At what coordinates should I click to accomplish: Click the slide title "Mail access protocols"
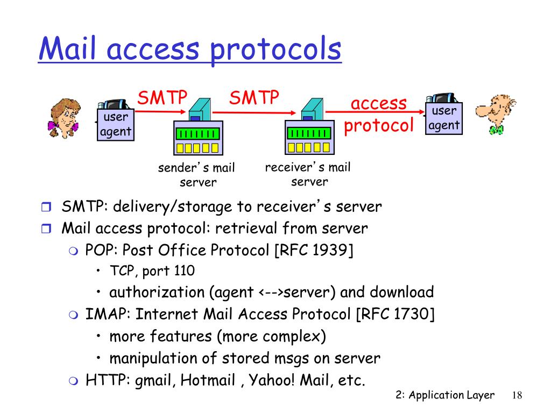[189, 49]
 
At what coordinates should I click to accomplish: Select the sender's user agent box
[115, 124]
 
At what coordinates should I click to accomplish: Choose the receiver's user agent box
[444, 119]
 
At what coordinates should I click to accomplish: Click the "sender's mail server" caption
[197, 175]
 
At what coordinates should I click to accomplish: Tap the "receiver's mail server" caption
[308, 174]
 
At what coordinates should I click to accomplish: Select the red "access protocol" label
[379, 114]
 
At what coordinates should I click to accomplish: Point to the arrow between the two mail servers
[253, 112]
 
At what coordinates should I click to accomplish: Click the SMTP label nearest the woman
[162, 98]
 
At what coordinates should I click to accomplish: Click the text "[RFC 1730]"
[395, 314]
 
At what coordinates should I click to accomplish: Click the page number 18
[517, 395]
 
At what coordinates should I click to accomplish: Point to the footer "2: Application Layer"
[444, 395]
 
